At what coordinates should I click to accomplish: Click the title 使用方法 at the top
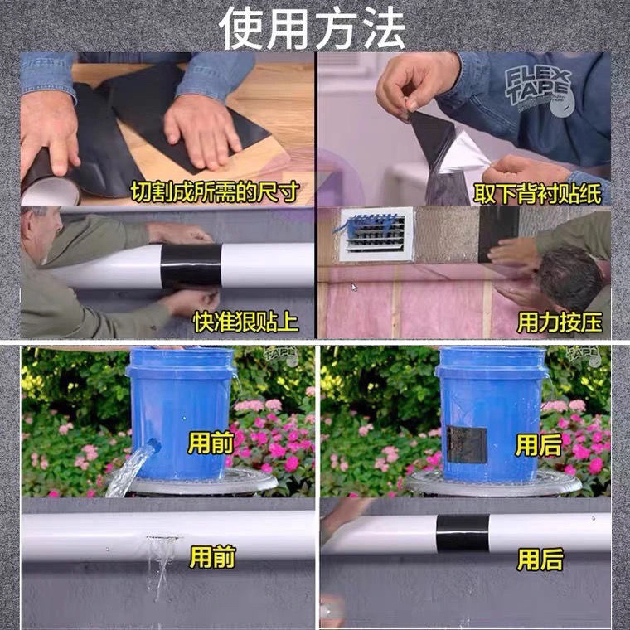[x=312, y=28]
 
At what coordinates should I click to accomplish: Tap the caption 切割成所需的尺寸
[x=215, y=191]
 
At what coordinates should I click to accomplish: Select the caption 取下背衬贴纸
[x=538, y=194]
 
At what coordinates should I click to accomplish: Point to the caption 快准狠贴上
[x=246, y=322]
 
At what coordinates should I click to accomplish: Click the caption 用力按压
[x=560, y=322]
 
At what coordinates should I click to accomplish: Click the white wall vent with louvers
[x=376, y=235]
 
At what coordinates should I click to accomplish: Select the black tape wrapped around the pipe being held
[x=191, y=266]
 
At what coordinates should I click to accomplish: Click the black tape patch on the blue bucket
[x=467, y=445]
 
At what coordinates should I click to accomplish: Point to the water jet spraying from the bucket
[x=132, y=468]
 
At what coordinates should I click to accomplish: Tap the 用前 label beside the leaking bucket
[x=211, y=444]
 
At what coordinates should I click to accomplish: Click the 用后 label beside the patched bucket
[x=538, y=445]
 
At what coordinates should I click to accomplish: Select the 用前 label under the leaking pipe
[x=211, y=556]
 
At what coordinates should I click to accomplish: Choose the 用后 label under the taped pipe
[x=540, y=560]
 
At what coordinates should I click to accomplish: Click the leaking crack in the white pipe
[x=162, y=537]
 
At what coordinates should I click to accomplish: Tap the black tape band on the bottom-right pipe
[x=463, y=533]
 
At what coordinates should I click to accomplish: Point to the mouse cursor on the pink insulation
[x=354, y=288]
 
